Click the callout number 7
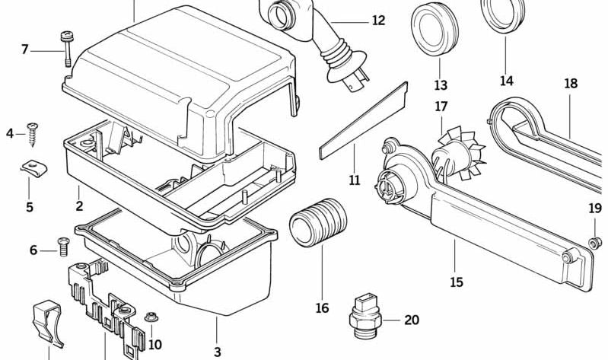[x=25, y=49]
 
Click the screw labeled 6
[x=63, y=246]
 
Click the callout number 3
[x=218, y=352]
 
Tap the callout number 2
[x=79, y=205]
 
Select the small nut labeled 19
[x=596, y=242]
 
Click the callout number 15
[x=456, y=282]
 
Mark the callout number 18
[x=571, y=84]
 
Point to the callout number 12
[x=378, y=21]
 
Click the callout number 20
[x=411, y=320]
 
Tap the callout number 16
[x=323, y=307]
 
